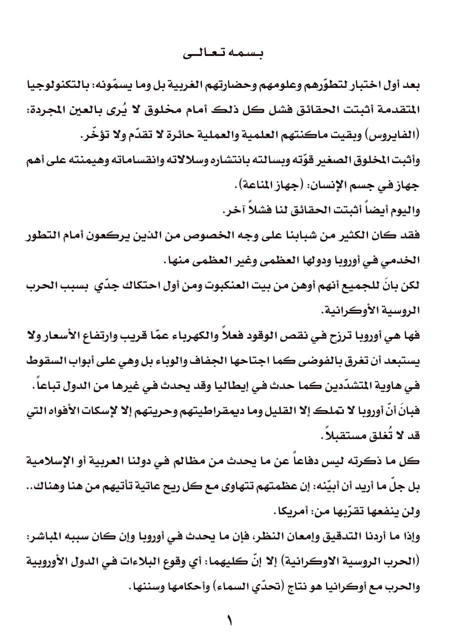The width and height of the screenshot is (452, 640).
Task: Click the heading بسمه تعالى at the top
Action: pos(226,54)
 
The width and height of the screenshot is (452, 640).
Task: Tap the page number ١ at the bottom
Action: pos(229,621)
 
